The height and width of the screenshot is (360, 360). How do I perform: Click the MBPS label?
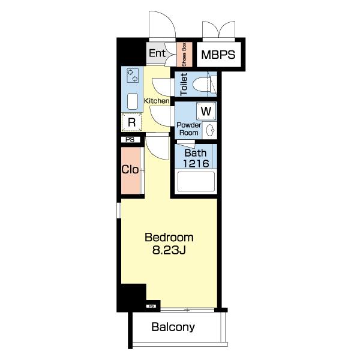[218, 55]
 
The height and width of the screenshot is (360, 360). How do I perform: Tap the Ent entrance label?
[157, 53]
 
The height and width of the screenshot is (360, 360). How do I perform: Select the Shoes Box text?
[184, 55]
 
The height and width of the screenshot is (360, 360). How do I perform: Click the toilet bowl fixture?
[201, 85]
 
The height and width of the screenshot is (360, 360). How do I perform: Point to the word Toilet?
[184, 84]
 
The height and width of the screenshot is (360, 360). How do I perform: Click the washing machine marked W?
[206, 112]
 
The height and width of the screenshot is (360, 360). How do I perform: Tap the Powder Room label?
[189, 129]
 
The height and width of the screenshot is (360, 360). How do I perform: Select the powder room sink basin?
[210, 130]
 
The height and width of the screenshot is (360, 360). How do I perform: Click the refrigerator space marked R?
[131, 122]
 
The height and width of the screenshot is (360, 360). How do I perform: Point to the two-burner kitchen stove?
[133, 76]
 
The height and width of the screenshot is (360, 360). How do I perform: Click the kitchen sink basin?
[133, 101]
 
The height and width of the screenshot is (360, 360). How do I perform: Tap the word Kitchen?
[157, 101]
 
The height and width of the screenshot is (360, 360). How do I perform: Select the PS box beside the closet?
[130, 139]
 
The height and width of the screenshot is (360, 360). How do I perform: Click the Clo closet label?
[130, 170]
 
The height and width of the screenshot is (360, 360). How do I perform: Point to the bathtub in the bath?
[196, 181]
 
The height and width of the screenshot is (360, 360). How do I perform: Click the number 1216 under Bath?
[196, 163]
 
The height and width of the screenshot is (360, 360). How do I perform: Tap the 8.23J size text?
[169, 250]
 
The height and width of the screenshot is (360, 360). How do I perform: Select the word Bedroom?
[169, 238]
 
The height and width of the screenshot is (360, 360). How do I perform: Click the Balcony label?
[173, 327]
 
